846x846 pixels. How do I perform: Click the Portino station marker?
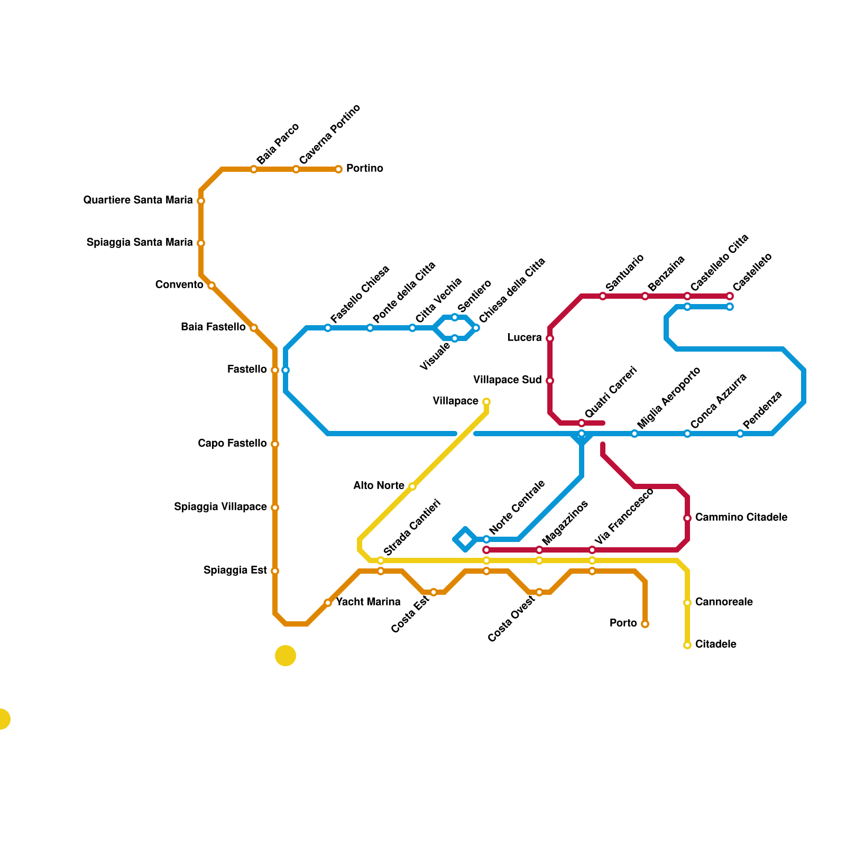point(338,169)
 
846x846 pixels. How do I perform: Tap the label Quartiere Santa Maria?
point(138,200)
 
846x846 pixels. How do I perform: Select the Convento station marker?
point(212,286)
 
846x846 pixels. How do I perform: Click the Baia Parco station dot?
point(254,169)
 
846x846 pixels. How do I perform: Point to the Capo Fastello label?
point(232,444)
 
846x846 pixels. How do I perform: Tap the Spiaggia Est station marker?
point(275,571)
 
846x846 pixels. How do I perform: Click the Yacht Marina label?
point(368,602)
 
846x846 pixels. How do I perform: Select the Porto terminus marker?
point(645,624)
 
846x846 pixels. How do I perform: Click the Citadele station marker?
point(687,645)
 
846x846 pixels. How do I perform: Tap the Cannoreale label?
point(724,602)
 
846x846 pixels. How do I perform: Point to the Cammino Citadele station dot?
point(687,518)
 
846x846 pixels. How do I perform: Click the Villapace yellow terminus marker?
point(486,402)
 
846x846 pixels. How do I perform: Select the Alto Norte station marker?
point(412,486)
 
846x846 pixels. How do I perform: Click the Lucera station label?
point(524,338)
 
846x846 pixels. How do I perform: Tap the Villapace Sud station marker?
point(550,381)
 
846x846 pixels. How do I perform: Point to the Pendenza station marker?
point(740,434)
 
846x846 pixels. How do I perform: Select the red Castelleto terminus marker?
point(730,296)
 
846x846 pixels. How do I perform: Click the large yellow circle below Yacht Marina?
point(286,656)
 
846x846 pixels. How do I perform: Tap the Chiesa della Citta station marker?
point(476,328)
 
